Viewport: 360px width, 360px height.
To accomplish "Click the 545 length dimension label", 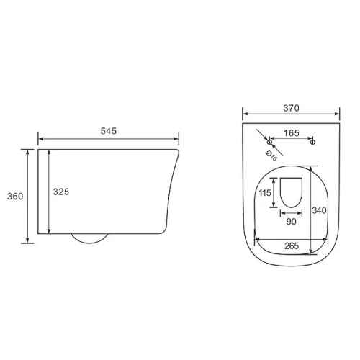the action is pos(109,131).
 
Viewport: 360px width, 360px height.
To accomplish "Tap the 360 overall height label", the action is pos(15,197).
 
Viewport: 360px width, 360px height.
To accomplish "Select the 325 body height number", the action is pos(61,192).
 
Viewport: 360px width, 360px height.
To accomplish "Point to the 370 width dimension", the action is pos(291,108).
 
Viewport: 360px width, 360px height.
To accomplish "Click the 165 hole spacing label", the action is pos(292,133).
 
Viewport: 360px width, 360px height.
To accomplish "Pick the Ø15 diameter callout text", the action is pos(271,156).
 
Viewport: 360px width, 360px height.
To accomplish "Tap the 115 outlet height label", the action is pos(265,193).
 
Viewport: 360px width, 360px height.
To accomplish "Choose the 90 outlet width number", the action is pos(291,222).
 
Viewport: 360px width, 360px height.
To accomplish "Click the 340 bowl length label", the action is pos(319,210).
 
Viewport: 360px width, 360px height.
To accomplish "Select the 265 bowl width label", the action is pos(292,246).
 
